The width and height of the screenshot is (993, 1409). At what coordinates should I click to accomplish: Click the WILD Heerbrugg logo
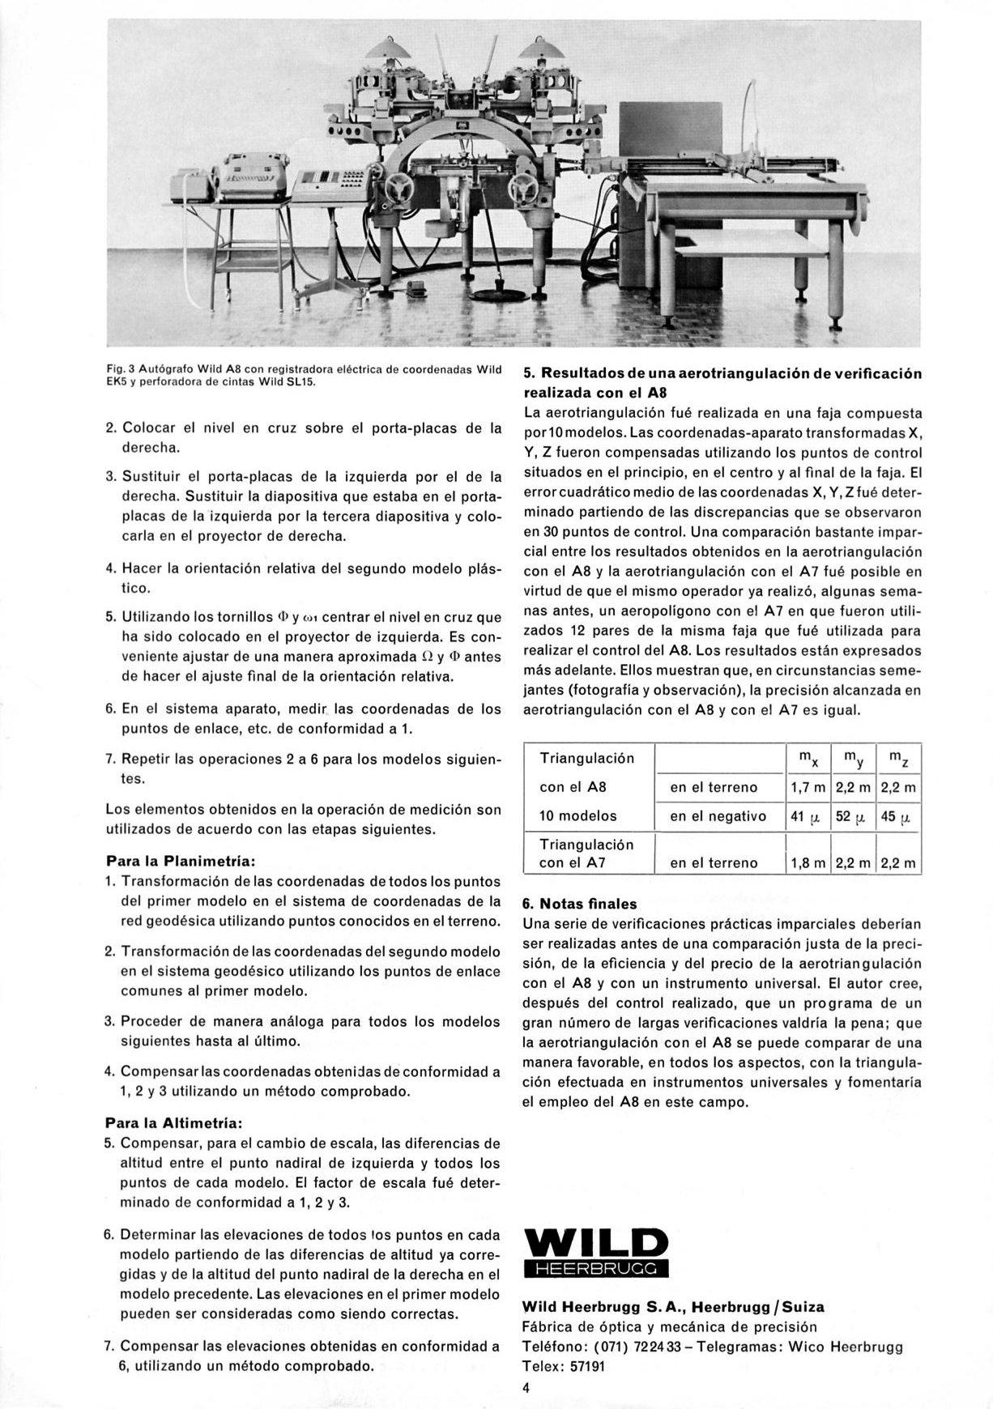click(596, 1252)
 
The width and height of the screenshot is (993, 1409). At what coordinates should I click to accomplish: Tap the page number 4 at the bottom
click(526, 1388)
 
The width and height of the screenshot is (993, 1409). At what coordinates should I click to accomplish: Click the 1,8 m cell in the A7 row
click(808, 863)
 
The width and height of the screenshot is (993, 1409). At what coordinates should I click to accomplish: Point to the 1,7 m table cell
click(808, 787)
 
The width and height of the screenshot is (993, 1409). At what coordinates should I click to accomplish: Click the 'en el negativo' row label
click(718, 816)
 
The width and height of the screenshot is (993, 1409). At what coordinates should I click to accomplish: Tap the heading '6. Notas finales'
click(580, 904)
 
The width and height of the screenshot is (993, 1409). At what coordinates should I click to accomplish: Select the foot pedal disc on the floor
click(495, 289)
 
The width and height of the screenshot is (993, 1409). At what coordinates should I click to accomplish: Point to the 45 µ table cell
click(898, 816)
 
